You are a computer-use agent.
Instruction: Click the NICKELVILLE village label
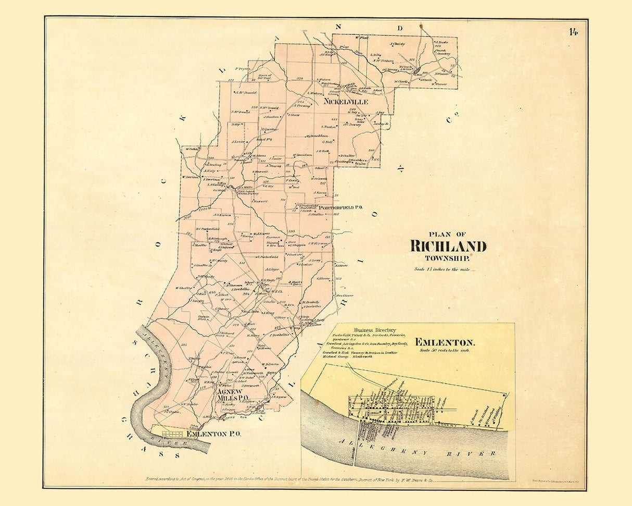pos(345,101)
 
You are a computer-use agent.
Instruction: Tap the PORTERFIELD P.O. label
pos(340,207)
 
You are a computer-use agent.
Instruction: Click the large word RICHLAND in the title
pos(448,246)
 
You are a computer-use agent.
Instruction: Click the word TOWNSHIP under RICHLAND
pos(447,258)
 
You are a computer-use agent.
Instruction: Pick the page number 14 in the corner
pos(573,32)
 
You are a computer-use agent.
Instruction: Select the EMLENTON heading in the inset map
pos(445,342)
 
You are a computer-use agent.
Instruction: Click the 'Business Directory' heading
pos(375,330)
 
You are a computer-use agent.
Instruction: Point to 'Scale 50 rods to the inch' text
pos(447,351)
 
